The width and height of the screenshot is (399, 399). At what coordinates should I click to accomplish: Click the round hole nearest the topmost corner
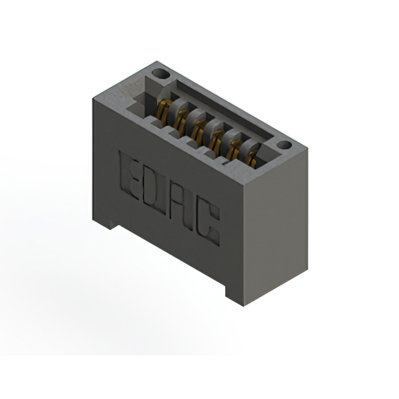point(161,74)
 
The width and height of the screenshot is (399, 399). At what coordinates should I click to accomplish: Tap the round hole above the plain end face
point(284,145)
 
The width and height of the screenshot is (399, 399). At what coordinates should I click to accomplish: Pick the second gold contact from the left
point(181,122)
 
